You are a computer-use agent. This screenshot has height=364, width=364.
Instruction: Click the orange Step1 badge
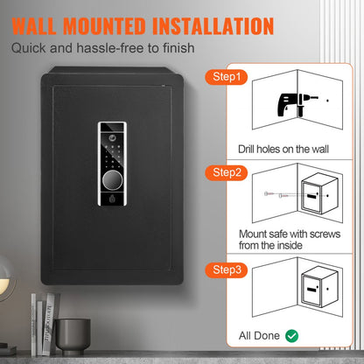pyautogui.click(x=225, y=78)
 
